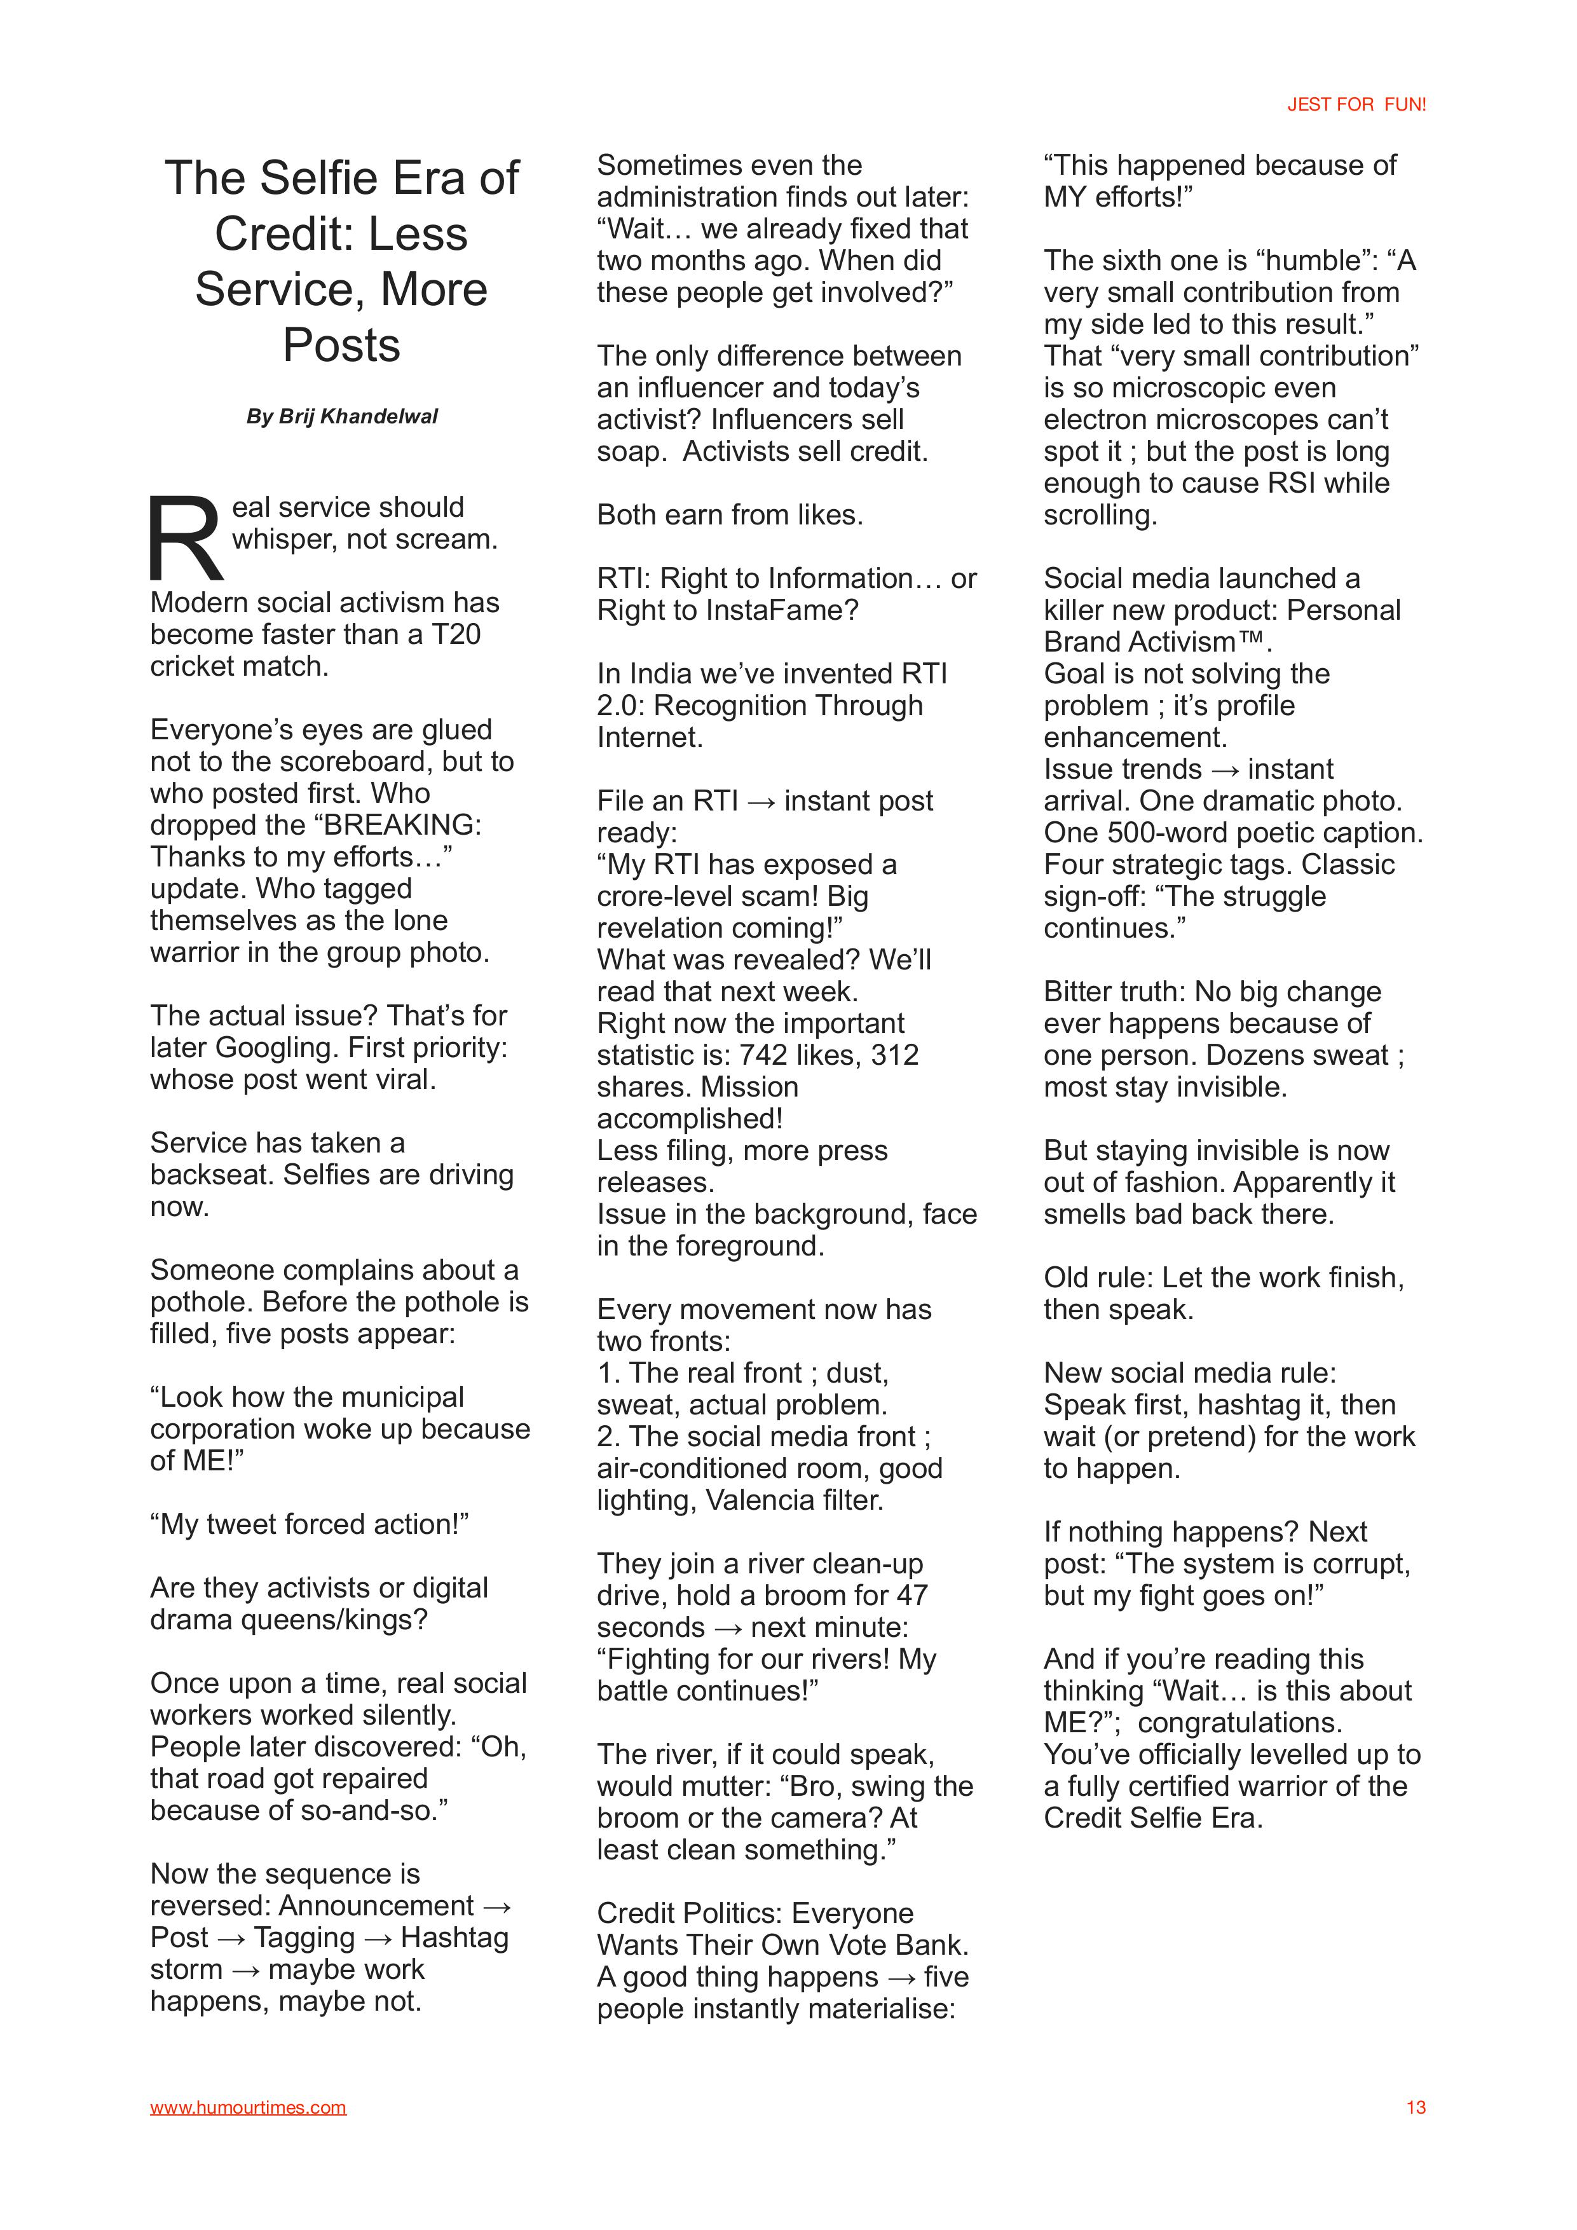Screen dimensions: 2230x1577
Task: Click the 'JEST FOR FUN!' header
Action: tap(1356, 105)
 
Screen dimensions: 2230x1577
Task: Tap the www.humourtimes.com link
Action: tap(248, 2107)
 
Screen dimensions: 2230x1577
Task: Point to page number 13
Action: tap(1415, 2107)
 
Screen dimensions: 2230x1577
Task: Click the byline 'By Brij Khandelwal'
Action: tap(342, 416)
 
